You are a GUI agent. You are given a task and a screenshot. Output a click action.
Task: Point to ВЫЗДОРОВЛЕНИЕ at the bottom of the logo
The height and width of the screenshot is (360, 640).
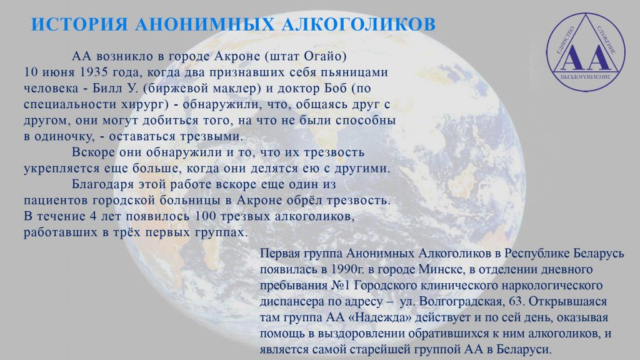pyautogui.click(x=586, y=77)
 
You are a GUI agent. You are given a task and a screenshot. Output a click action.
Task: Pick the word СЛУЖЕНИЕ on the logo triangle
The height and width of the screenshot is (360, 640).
pyautogui.click(x=606, y=41)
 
